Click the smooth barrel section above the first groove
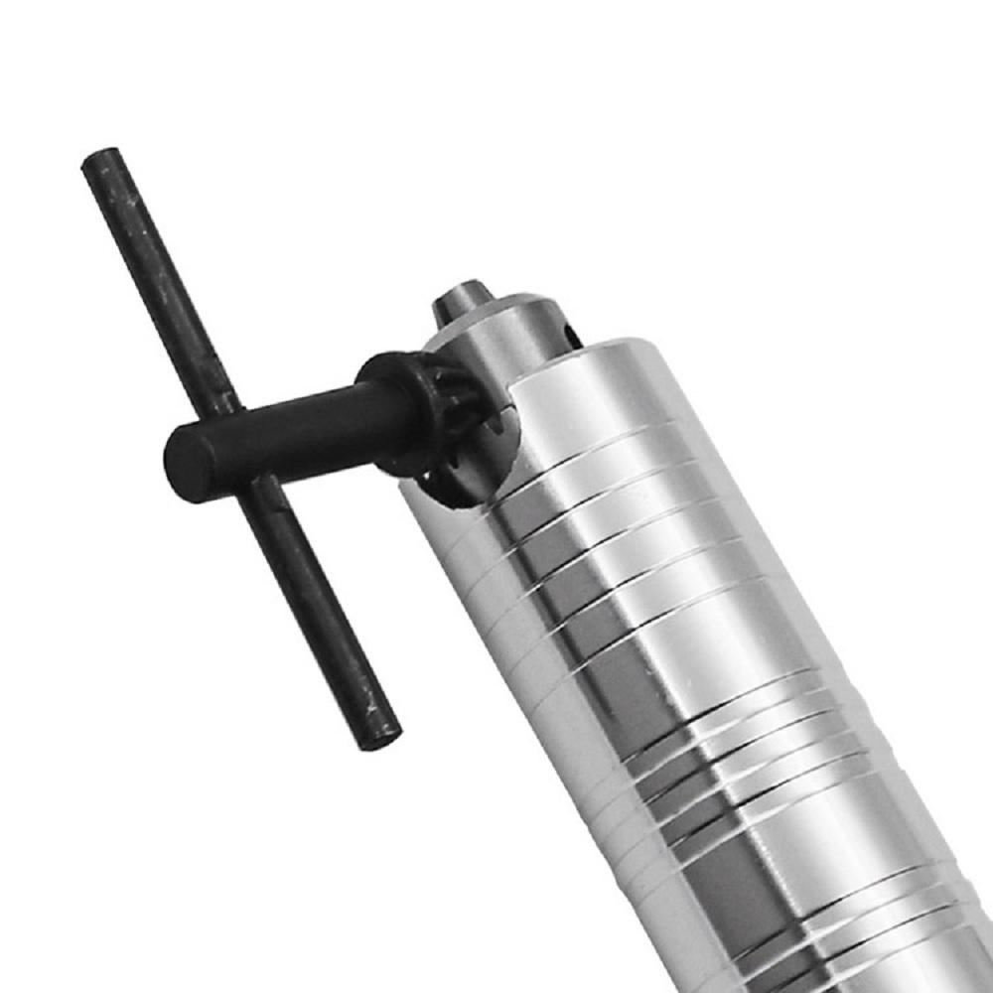pyautogui.click(x=586, y=387)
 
